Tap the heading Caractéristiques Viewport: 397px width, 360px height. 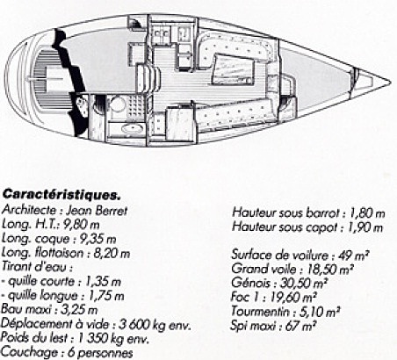[61, 194]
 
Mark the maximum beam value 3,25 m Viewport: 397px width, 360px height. [79, 310]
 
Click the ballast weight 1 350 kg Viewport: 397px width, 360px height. [104, 338]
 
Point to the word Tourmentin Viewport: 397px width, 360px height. [260, 311]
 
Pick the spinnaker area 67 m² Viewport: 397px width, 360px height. [301, 326]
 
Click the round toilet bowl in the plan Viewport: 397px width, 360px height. [118, 104]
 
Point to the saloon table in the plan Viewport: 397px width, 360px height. [233, 69]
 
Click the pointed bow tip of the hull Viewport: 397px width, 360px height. [390, 83]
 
